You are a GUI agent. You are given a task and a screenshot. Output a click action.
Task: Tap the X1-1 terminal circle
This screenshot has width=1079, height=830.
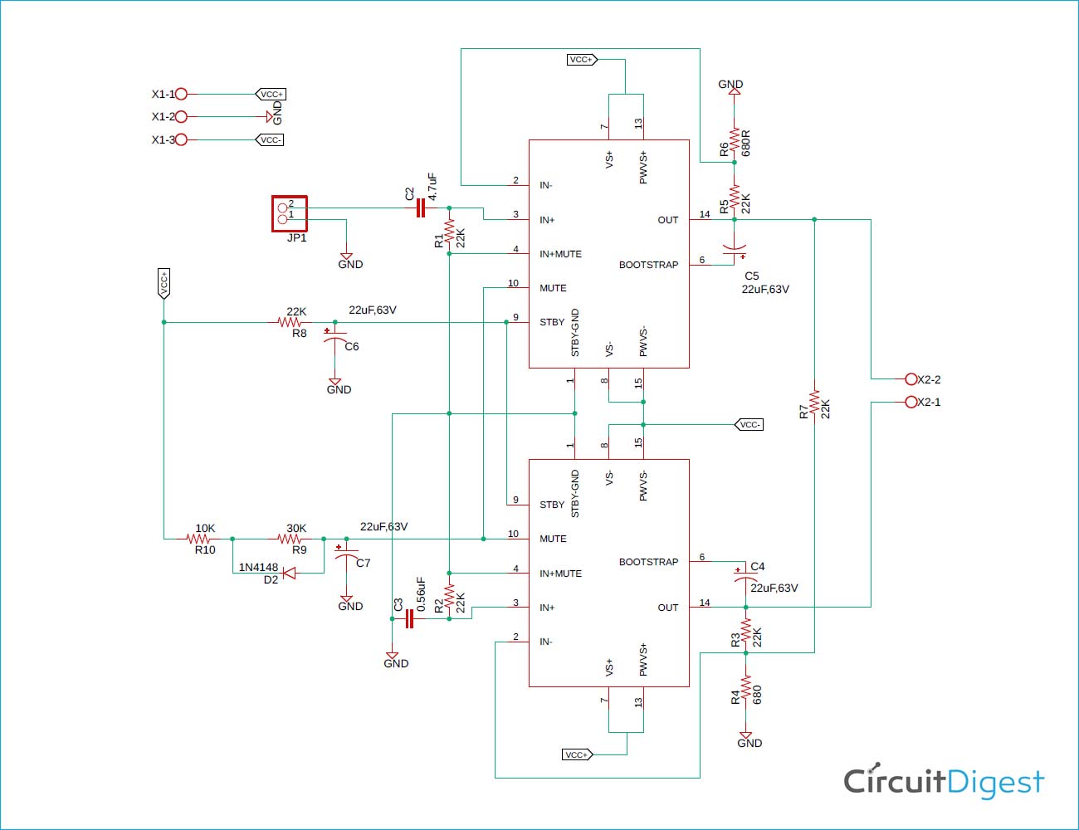pyautogui.click(x=181, y=93)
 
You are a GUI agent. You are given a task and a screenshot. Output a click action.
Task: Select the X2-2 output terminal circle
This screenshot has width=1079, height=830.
pyautogui.click(x=911, y=379)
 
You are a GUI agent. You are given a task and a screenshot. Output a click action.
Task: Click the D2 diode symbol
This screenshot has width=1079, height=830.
pyautogui.click(x=289, y=574)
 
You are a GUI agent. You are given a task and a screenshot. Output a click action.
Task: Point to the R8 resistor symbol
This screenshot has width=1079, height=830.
pyautogui.click(x=289, y=322)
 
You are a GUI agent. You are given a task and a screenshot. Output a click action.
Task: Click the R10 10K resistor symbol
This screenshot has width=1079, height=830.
pyautogui.click(x=198, y=539)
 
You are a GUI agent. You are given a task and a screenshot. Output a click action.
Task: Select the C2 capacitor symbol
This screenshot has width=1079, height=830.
pyautogui.click(x=421, y=208)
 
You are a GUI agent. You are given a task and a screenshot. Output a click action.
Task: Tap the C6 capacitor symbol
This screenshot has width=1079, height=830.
pyautogui.click(x=334, y=337)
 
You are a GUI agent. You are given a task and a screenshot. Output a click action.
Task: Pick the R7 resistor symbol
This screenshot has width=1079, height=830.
pyautogui.click(x=814, y=402)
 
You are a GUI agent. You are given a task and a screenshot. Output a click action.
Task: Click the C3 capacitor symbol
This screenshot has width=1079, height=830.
pyautogui.click(x=409, y=618)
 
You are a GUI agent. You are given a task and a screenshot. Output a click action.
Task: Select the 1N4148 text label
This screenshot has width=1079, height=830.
pyautogui.click(x=258, y=567)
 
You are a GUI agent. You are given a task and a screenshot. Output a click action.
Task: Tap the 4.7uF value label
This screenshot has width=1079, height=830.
pyautogui.click(x=432, y=187)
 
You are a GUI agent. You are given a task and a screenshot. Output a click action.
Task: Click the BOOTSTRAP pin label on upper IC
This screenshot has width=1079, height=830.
pyautogui.click(x=648, y=265)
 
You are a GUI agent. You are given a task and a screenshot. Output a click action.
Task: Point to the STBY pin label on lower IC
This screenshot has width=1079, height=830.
pyautogui.click(x=552, y=505)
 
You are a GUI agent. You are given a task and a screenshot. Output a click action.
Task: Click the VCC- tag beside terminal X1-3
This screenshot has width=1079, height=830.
pyautogui.click(x=270, y=139)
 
